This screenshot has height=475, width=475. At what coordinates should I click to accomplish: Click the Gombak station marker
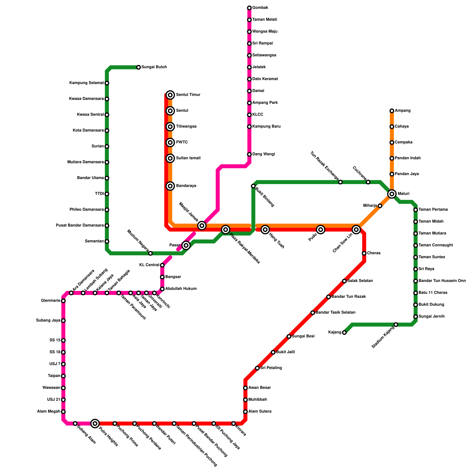(x=249, y=8)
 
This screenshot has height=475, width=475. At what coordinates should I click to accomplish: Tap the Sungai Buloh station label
(x=154, y=67)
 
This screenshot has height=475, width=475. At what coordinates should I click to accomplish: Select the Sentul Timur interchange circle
(x=170, y=95)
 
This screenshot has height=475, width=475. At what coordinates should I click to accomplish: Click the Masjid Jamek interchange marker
(x=202, y=225)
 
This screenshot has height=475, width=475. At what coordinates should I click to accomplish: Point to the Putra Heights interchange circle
(x=95, y=423)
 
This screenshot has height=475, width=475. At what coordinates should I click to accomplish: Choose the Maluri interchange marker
(x=392, y=194)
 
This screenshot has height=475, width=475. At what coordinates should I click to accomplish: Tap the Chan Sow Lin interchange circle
(x=356, y=229)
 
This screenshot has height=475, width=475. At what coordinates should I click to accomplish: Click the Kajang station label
(x=335, y=332)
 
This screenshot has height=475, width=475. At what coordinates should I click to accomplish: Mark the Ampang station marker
(x=392, y=111)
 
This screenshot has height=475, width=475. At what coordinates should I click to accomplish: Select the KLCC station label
(x=257, y=115)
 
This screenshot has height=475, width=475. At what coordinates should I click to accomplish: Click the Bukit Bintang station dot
(x=253, y=186)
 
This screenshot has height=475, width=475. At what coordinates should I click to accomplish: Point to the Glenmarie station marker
(x=63, y=301)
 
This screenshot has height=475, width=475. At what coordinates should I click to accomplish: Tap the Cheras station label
(x=373, y=253)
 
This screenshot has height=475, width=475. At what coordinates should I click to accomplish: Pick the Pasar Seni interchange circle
(x=186, y=245)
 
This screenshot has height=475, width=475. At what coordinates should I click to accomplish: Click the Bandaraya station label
(x=186, y=186)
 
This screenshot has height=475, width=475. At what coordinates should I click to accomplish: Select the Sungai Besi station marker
(x=289, y=336)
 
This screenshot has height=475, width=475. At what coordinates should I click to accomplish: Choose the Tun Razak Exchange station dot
(x=341, y=182)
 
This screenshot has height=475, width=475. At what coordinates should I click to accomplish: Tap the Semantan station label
(x=94, y=241)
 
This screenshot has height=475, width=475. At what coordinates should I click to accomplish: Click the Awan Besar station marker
(x=245, y=388)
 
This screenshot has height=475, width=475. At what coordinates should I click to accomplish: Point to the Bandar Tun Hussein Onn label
(x=442, y=281)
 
